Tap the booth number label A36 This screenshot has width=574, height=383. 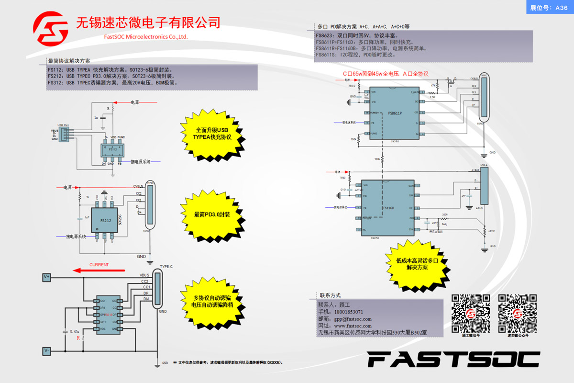pos(549,8)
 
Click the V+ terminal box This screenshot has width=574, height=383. pos(47,277)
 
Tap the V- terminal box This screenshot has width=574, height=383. pos(47,351)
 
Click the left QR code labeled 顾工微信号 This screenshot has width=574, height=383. pos(471,314)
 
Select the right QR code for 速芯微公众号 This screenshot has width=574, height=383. pos(517,314)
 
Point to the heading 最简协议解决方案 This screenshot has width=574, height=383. pos(69,61)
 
